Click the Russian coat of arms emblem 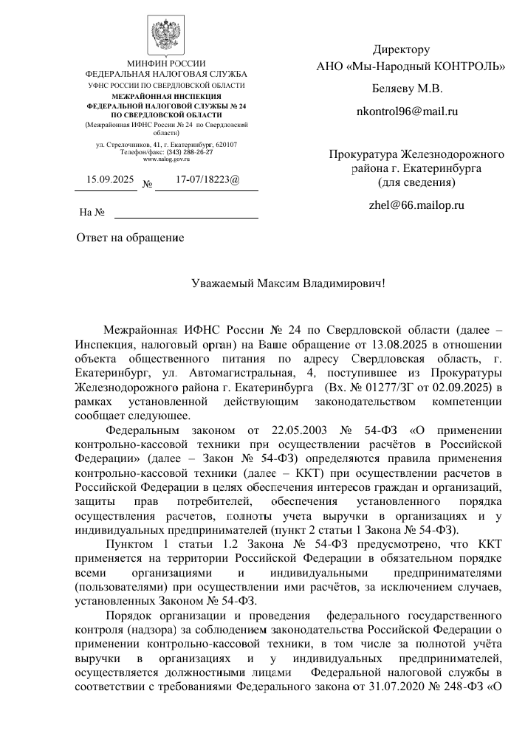(x=166, y=34)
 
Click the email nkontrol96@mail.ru (x=408, y=112)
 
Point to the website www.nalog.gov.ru (x=166, y=159)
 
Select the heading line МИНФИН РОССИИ (x=166, y=63)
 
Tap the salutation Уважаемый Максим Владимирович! (x=288, y=283)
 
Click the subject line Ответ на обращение (x=130, y=238)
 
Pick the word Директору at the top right (x=401, y=50)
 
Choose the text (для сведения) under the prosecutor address (x=416, y=182)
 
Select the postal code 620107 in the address (x=222, y=143)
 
